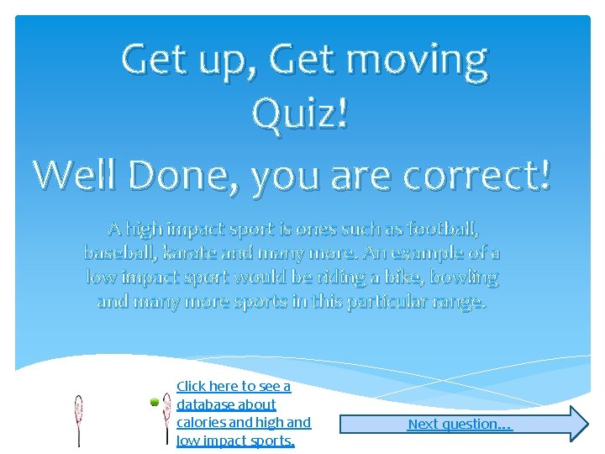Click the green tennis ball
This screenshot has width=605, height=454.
coord(155,404)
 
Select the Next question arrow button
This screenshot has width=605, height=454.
coord(462,424)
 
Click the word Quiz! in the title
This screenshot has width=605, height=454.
coord(300,113)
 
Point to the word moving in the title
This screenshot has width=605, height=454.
coord(417,61)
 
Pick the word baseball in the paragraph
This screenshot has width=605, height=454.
coord(118,252)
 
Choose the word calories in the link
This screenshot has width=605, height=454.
coord(201,422)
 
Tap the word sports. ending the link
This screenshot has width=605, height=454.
coord(271,441)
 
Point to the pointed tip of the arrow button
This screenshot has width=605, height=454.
coord(587,424)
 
